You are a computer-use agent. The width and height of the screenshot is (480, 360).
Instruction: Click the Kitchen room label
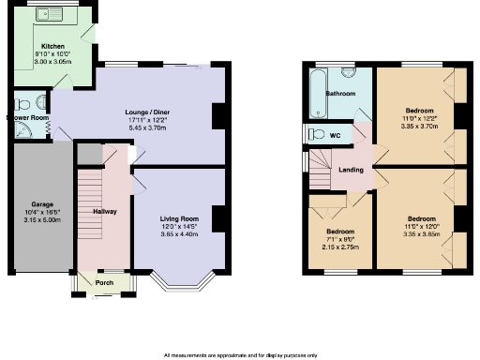pyautogui.click(x=51, y=45)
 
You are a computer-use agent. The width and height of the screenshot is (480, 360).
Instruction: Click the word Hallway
pyautogui.click(x=105, y=212)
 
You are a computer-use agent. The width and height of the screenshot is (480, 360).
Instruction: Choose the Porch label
pyautogui.click(x=104, y=280)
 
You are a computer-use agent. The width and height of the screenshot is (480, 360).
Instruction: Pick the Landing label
pyautogui.click(x=352, y=170)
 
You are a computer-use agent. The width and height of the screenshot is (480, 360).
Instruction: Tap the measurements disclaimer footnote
pyautogui.click(x=240, y=355)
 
